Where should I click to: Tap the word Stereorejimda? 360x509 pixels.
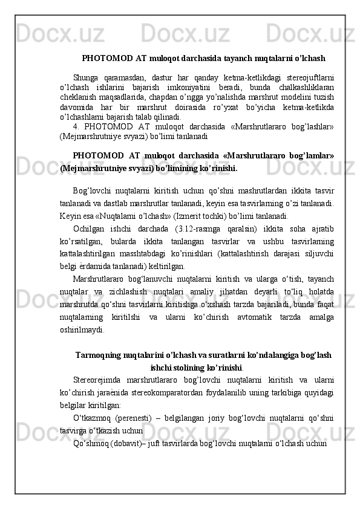coord(98,380)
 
